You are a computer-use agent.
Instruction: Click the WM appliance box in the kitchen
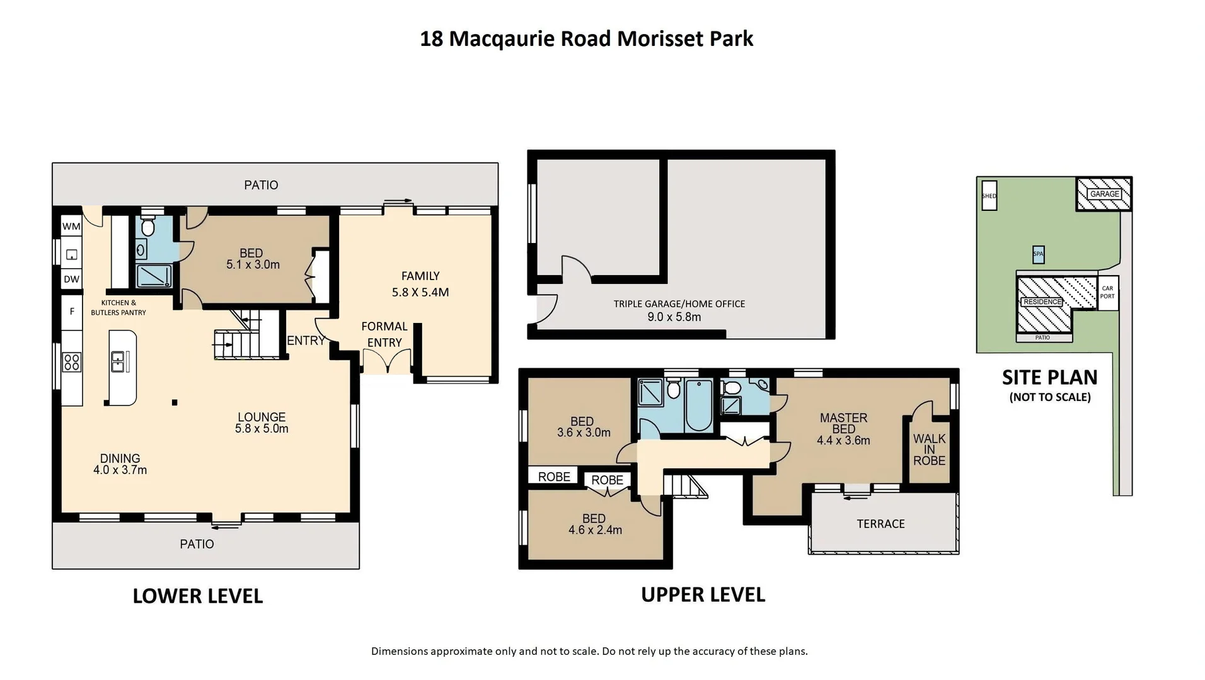71,226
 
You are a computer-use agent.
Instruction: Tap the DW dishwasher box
71,279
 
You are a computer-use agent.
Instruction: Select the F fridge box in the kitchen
71,312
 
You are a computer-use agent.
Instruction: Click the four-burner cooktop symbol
71,362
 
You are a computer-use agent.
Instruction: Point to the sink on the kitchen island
118,362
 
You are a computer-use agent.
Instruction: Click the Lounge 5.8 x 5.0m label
262,422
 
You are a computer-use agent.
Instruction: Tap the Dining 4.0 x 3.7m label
120,464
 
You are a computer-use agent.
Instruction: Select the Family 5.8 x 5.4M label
420,284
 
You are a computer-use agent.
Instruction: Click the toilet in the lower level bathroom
148,226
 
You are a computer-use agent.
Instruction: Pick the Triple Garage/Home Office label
678,310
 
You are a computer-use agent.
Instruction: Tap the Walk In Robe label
929,450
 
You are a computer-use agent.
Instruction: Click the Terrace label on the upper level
880,524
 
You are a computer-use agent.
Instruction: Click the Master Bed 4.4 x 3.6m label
843,429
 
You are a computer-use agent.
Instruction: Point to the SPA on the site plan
1038,254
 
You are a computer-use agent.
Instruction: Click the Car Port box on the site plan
1107,293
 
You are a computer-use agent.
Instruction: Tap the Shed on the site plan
989,196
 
